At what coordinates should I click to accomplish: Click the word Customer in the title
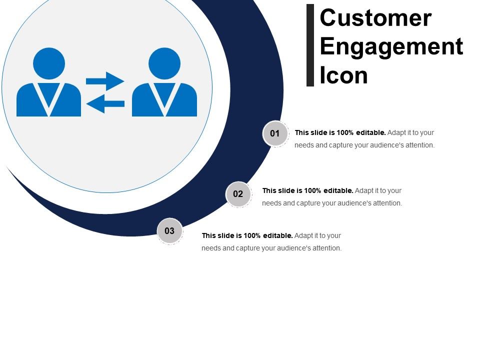click(375, 18)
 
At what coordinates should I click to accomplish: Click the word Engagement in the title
click(391, 46)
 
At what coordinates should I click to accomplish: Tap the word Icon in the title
click(343, 75)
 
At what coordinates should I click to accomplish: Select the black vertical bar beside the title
click(310, 45)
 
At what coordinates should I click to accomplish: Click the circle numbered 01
click(275, 133)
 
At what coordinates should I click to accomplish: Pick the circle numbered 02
click(238, 194)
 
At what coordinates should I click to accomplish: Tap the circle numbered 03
click(169, 231)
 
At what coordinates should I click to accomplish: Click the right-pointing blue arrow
click(105, 80)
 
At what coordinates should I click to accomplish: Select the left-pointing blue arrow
click(105, 104)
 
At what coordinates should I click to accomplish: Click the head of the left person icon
click(49, 63)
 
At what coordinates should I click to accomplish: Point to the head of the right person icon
click(164, 63)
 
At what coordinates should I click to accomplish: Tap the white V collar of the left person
click(49, 97)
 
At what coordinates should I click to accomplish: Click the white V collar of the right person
click(164, 97)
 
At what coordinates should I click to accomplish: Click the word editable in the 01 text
click(370, 133)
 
